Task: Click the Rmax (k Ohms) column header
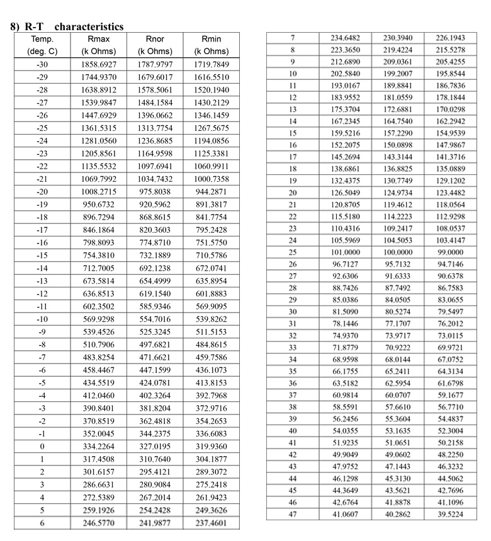tap(98, 45)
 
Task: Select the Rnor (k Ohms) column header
tap(154, 45)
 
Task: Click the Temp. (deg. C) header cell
tap(42, 45)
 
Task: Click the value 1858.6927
tap(98, 65)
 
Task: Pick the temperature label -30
tap(42, 65)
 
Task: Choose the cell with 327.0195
tap(154, 394)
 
